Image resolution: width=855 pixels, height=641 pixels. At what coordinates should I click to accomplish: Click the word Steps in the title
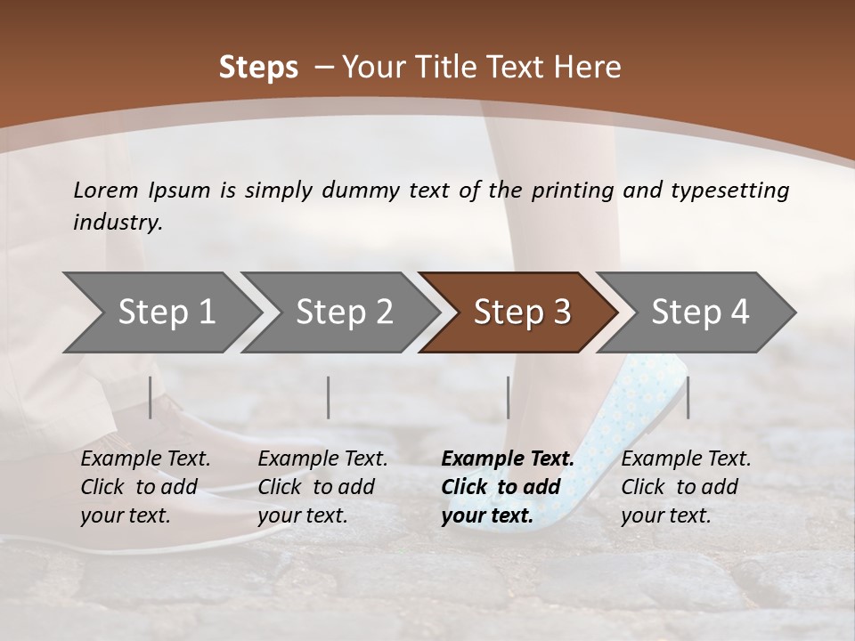coord(258,68)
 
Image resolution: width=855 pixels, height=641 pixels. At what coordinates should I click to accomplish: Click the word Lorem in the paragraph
coord(105,191)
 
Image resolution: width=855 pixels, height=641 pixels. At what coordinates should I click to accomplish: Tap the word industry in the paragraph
coord(118,222)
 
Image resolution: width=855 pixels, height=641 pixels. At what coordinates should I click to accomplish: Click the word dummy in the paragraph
coord(363,191)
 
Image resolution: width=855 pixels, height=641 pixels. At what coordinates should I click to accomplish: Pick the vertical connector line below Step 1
coord(151,397)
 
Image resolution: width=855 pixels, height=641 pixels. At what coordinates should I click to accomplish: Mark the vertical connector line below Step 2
coord(329,397)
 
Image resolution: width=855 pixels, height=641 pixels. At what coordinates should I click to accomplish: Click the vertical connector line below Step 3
coord(509,397)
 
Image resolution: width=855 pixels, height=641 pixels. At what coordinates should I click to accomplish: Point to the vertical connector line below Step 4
coord(688,397)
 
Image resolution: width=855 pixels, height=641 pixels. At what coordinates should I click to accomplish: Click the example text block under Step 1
coord(145,487)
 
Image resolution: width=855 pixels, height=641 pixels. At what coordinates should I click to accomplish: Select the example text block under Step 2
coord(322,487)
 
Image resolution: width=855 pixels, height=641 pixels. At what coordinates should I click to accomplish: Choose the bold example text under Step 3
coord(508,487)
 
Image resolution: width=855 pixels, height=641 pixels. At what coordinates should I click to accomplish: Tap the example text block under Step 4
coord(686,487)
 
